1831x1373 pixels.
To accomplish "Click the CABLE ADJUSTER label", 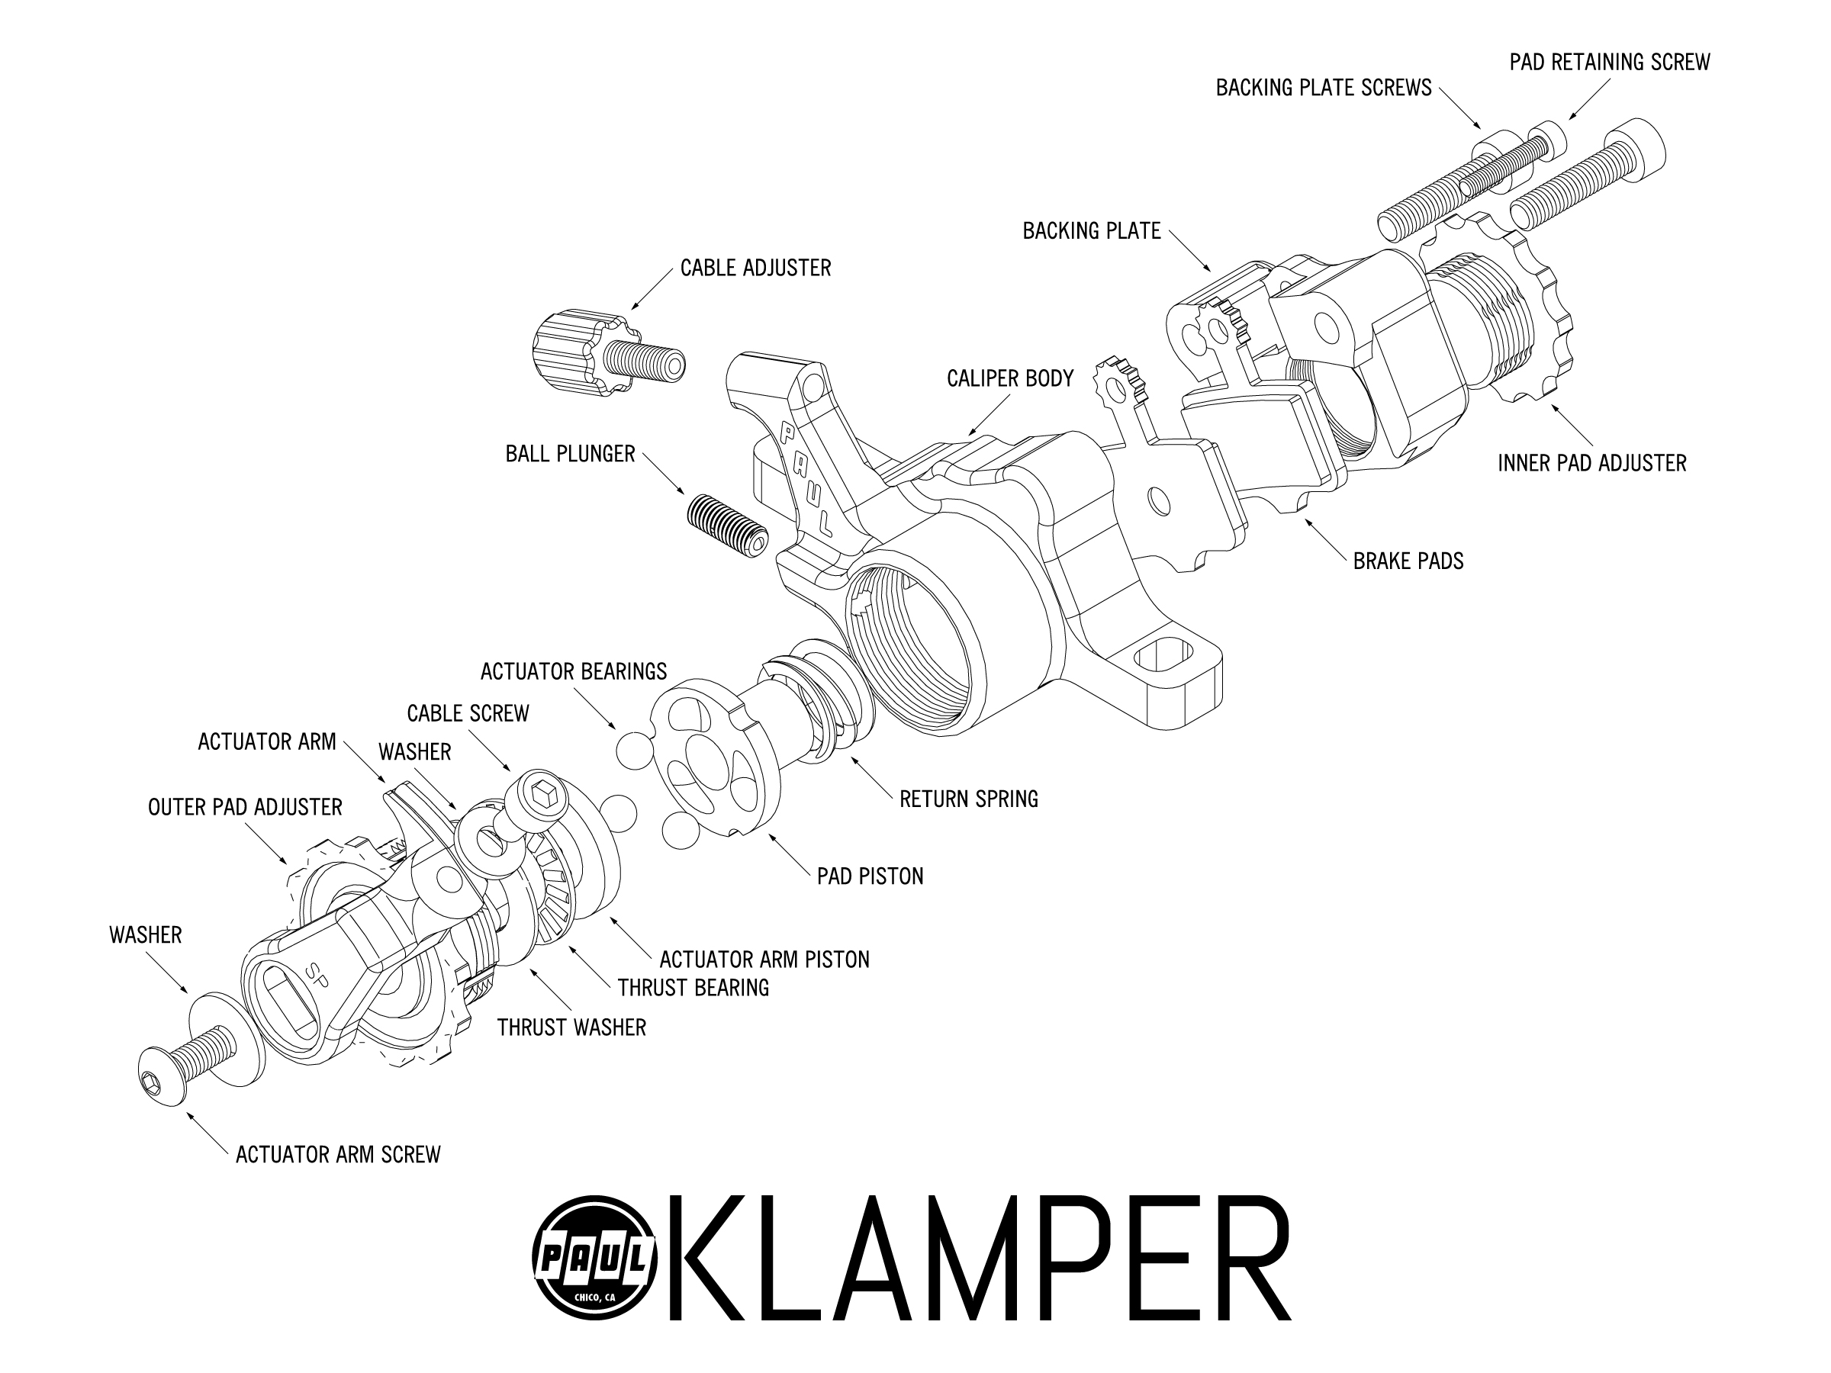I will pos(755,268).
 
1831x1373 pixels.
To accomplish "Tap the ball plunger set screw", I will pos(728,526).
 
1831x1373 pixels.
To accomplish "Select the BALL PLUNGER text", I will pos(571,455).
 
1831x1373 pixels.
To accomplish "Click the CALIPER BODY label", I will pos(1010,379).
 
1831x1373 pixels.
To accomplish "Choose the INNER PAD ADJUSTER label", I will pos(1591,464).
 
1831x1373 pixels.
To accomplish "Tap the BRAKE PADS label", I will pos(1408,561).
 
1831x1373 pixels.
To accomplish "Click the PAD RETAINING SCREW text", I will pos(1609,62).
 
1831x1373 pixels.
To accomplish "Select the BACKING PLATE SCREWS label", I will pos(1323,88).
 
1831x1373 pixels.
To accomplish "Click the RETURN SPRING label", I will pos(968,799).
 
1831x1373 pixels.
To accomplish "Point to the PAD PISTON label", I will pos(870,876).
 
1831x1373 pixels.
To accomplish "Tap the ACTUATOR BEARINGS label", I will pos(574,671).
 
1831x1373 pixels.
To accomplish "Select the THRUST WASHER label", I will pos(571,1028).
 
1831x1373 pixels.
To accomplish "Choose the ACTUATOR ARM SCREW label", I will pos(338,1155).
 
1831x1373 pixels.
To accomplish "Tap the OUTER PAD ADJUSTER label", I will pos(245,808).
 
